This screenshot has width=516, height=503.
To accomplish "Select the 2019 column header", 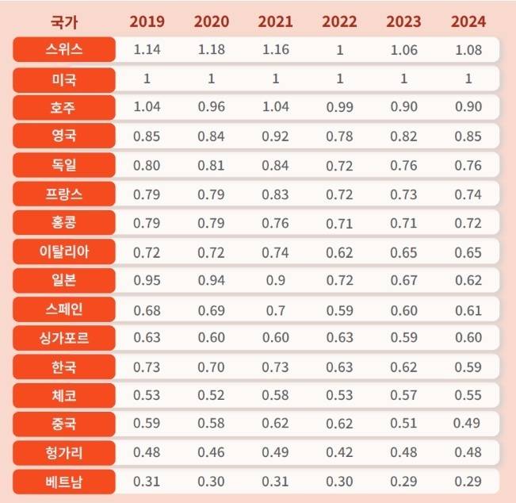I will tap(147, 21).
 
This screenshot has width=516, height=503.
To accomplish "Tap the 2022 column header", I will tap(340, 21).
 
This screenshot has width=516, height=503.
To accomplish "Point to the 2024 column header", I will tap(468, 21).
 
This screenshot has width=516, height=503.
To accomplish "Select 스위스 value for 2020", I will tap(211, 50).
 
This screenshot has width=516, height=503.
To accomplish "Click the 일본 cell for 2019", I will tap(147, 280).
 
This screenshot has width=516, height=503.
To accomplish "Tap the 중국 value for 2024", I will tap(468, 423).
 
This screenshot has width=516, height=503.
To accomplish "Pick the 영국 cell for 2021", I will tap(276, 136).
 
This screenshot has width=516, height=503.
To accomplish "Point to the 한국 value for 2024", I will tap(468, 367).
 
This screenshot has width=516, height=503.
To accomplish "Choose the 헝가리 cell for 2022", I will tap(340, 452).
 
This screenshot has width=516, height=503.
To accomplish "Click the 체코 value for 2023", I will tap(404, 395).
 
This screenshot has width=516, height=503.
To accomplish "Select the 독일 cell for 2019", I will tap(147, 166).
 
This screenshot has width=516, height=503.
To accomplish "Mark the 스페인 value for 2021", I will tap(276, 309).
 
